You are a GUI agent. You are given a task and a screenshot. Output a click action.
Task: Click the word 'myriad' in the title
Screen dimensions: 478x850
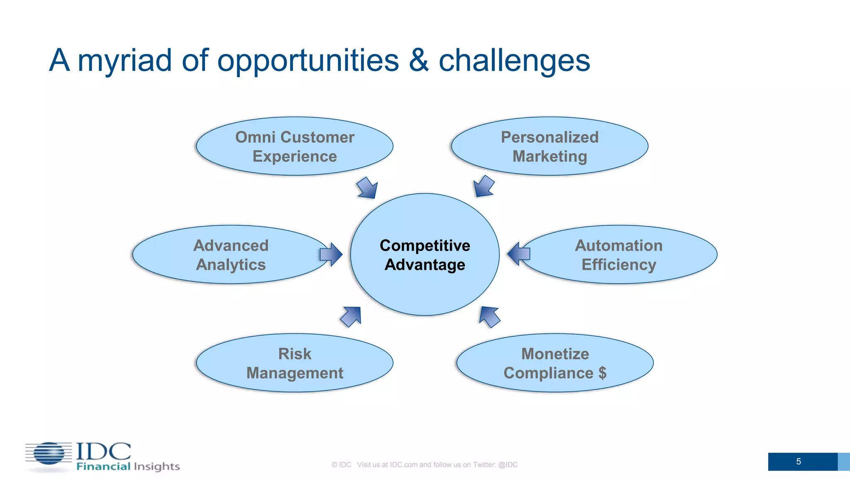125,61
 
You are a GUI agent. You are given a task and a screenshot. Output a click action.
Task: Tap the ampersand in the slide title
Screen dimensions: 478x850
418,61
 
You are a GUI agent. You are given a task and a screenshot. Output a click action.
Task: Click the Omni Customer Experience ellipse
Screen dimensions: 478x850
295,146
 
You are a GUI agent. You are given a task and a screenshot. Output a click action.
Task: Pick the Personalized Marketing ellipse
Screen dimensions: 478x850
550,146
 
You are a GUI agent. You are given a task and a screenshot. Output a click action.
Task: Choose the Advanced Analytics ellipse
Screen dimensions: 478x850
231,254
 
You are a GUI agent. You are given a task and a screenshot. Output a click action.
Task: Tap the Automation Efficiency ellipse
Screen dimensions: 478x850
618,254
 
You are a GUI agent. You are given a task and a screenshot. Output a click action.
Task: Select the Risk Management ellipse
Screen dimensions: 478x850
295,363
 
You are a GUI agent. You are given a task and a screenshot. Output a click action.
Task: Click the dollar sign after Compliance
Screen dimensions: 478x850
602,373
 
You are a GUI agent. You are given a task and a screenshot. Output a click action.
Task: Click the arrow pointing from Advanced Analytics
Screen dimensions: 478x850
331,254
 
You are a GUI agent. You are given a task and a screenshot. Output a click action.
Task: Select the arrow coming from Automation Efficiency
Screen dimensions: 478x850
519,254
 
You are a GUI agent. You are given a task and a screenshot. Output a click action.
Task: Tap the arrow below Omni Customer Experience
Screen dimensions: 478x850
368,188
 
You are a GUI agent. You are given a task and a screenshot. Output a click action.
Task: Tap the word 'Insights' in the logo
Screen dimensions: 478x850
157,466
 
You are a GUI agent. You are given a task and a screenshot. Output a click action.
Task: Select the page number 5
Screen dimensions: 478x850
798,461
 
